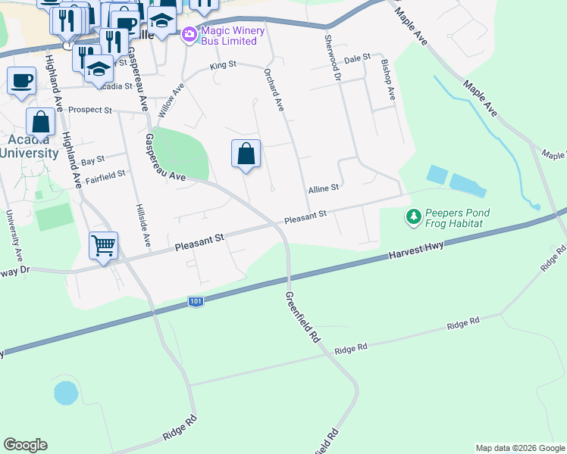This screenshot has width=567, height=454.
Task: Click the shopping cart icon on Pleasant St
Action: click(x=103, y=245)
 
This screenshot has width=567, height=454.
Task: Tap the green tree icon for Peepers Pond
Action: click(x=413, y=218)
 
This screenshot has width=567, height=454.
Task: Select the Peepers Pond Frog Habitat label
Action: click(x=457, y=219)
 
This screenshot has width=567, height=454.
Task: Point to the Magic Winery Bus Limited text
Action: click(x=230, y=35)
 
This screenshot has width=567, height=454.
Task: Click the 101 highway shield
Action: click(x=196, y=302)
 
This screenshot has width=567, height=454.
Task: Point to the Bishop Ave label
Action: click(x=387, y=79)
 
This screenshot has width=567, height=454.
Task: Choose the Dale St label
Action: click(x=356, y=58)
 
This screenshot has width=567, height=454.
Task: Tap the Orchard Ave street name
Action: click(x=273, y=91)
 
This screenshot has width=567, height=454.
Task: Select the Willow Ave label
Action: click(x=171, y=100)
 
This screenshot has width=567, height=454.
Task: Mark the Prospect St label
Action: click(x=90, y=110)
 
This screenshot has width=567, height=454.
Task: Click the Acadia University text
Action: click(x=29, y=146)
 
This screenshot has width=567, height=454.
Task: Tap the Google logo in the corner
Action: click(x=25, y=445)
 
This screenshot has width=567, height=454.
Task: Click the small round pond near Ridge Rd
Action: click(x=66, y=393)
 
